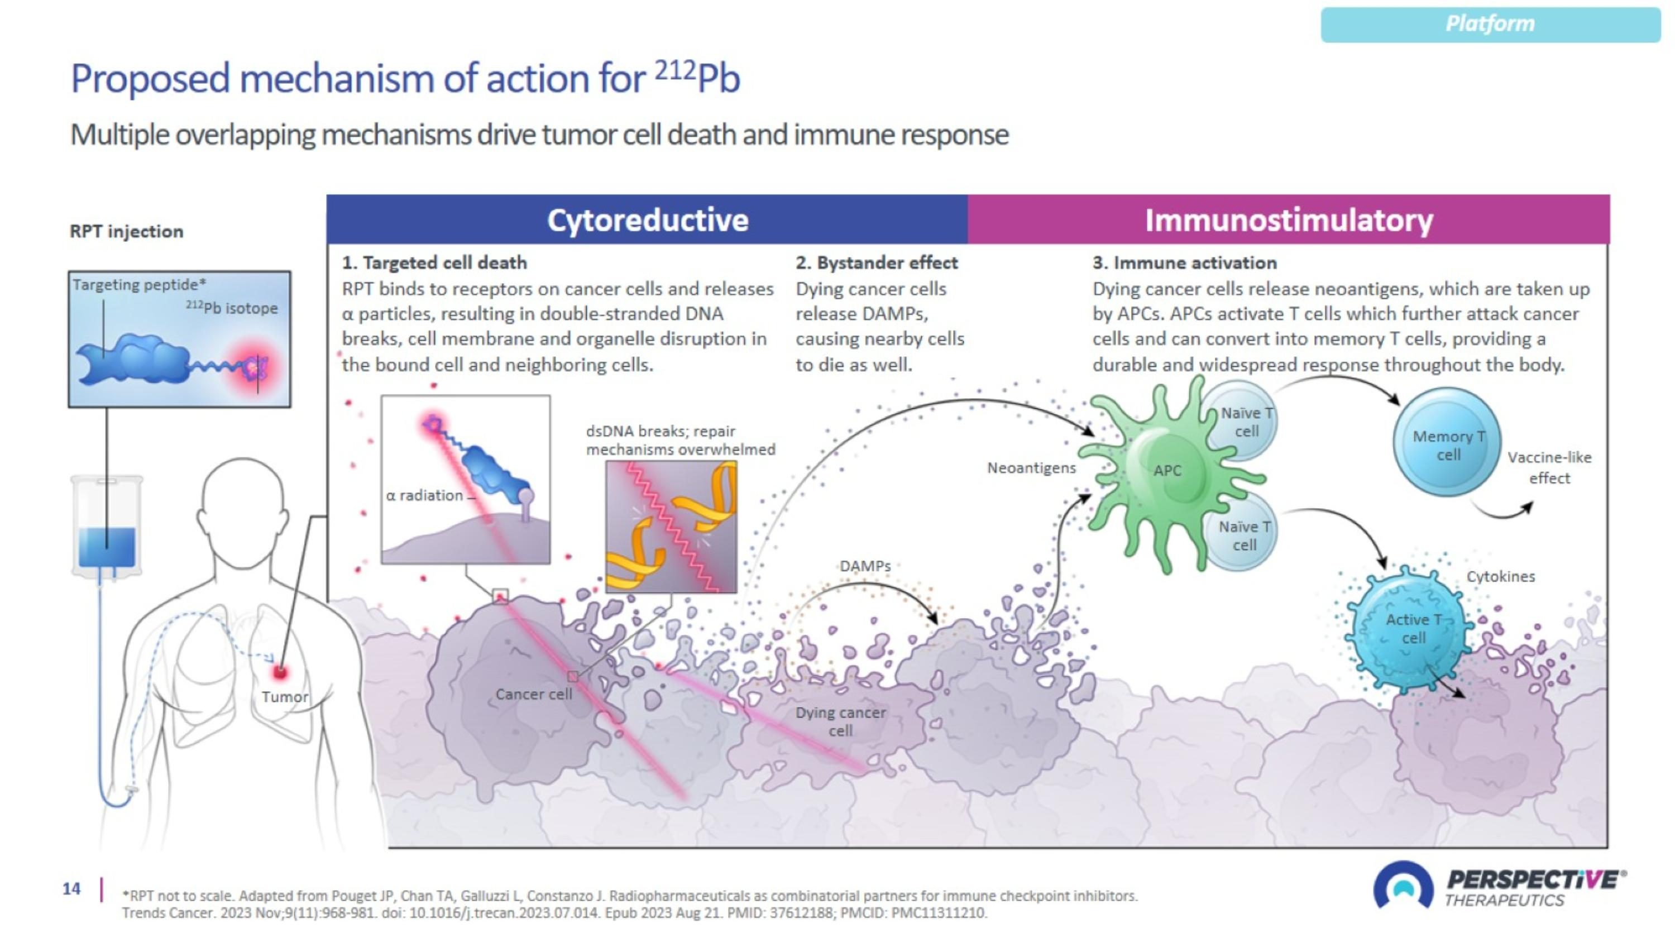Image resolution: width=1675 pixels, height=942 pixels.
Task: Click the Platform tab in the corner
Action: pyautogui.click(x=1490, y=25)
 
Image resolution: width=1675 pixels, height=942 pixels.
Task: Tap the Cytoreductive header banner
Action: pyautogui.click(x=647, y=220)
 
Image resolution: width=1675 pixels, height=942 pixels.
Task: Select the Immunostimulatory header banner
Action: pyautogui.click(x=1288, y=220)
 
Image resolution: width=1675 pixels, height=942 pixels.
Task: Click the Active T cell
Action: pyautogui.click(x=1411, y=629)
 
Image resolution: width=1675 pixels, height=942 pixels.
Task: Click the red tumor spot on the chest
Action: pyautogui.click(x=280, y=672)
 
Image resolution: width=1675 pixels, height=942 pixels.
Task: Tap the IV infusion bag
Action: pyautogui.click(x=107, y=527)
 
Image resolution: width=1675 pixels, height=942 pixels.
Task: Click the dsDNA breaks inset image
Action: pyautogui.click(x=671, y=527)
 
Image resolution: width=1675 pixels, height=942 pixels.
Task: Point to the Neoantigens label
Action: pyautogui.click(x=1031, y=467)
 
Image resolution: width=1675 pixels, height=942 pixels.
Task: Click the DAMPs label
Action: pyautogui.click(x=865, y=566)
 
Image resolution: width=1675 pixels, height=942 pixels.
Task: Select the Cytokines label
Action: pyautogui.click(x=1500, y=576)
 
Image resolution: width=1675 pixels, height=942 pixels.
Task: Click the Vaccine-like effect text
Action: pyautogui.click(x=1549, y=467)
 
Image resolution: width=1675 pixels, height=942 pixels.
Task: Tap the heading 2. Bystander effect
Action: pyautogui.click(x=876, y=262)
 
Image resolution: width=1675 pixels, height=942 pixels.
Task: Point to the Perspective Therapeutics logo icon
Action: pyautogui.click(x=1403, y=886)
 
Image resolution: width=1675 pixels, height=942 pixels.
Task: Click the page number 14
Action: pyautogui.click(x=71, y=889)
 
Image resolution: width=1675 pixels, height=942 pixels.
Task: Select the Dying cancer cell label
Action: pyautogui.click(x=840, y=721)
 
